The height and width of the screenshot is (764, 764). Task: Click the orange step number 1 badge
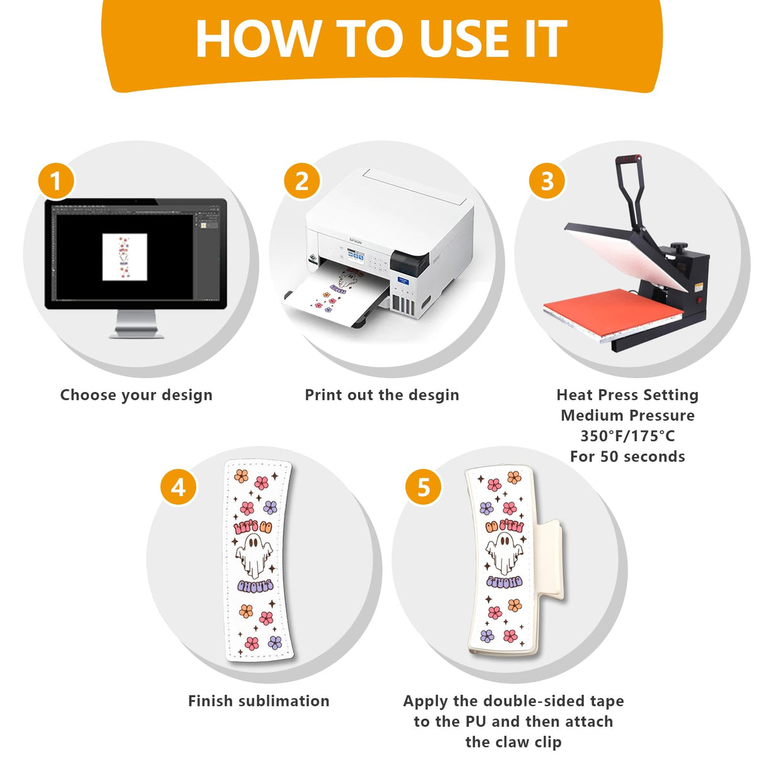coord(56,181)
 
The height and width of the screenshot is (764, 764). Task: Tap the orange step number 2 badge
coord(301,181)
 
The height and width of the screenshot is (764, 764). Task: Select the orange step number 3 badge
coord(547,181)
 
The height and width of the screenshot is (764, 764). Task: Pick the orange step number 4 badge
coord(178,487)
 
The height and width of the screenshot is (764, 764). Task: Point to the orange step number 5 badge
coord(424,487)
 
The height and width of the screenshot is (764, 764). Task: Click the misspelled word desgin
coord(434,395)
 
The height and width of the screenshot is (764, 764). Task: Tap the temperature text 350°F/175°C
coord(627,436)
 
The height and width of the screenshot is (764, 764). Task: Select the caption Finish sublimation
coord(259,701)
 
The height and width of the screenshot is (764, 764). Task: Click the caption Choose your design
coord(137,395)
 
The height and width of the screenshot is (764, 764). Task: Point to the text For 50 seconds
coord(627,457)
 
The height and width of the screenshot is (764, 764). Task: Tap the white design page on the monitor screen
coord(125,257)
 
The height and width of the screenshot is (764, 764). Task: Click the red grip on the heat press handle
coord(629,159)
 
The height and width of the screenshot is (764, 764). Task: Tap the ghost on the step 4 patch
coord(254,556)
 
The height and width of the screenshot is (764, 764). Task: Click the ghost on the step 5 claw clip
coord(504,553)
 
